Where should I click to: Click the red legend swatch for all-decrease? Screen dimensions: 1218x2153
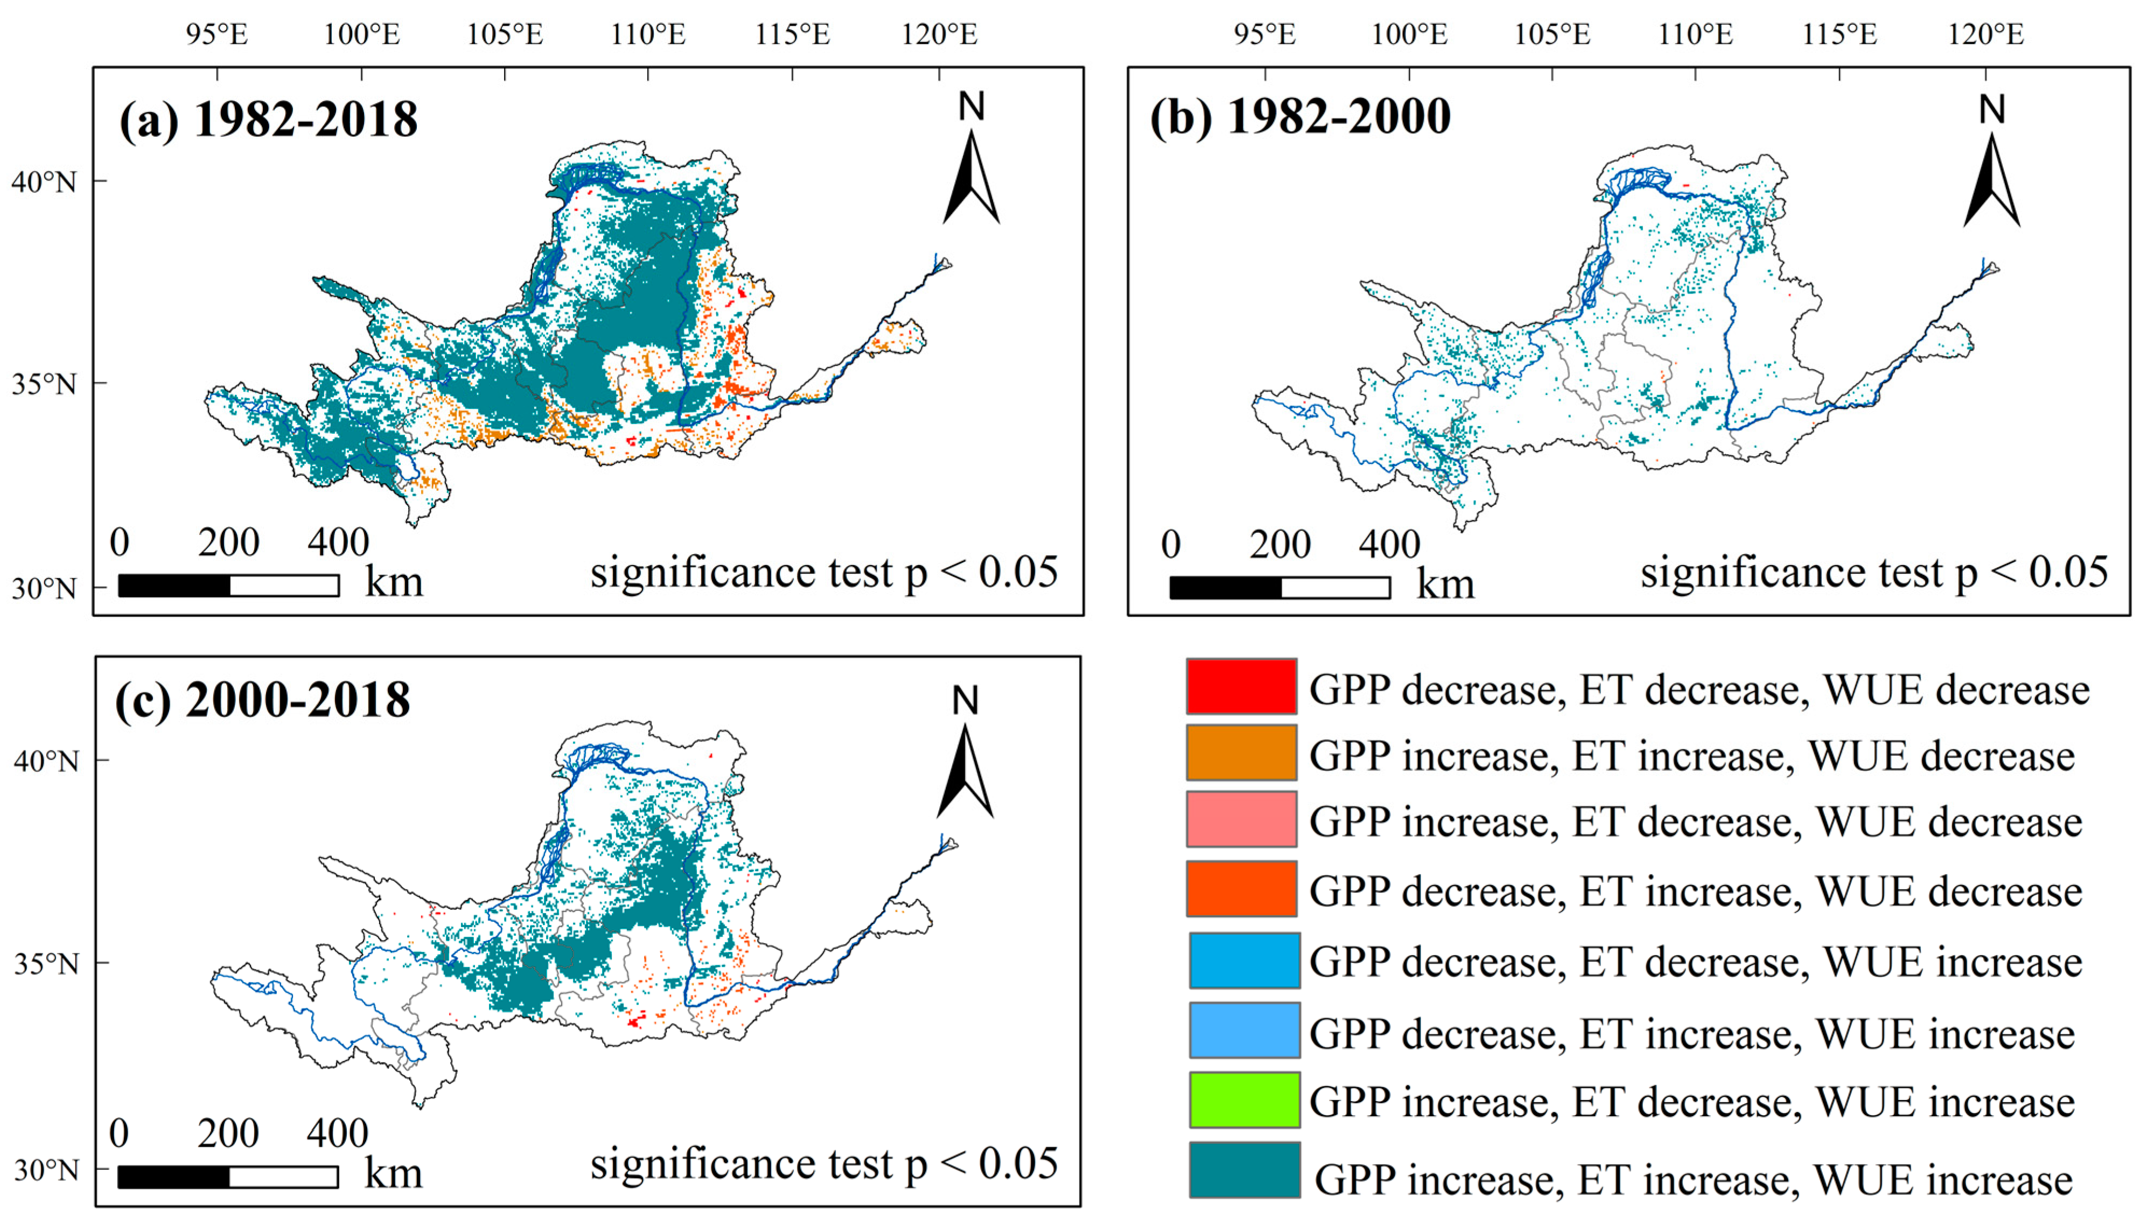click(x=1241, y=686)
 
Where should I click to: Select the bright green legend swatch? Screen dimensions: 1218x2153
click(x=1244, y=1099)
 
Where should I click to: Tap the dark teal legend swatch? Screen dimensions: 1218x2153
click(x=1244, y=1170)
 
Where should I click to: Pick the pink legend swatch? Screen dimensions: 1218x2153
click(x=1241, y=819)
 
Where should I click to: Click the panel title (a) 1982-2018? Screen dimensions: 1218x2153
click(x=268, y=120)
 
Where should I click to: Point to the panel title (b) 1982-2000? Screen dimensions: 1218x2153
click(x=1299, y=116)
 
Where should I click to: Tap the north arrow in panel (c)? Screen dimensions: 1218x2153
click(x=965, y=753)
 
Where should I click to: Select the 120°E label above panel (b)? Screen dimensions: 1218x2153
click(x=1985, y=34)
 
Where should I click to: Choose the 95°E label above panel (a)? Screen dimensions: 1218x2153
click(x=216, y=34)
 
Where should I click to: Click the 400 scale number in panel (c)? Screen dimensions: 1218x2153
click(x=337, y=1133)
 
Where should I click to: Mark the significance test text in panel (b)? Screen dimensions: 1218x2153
click(x=1874, y=574)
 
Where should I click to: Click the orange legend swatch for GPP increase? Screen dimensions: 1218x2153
click(x=1241, y=752)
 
